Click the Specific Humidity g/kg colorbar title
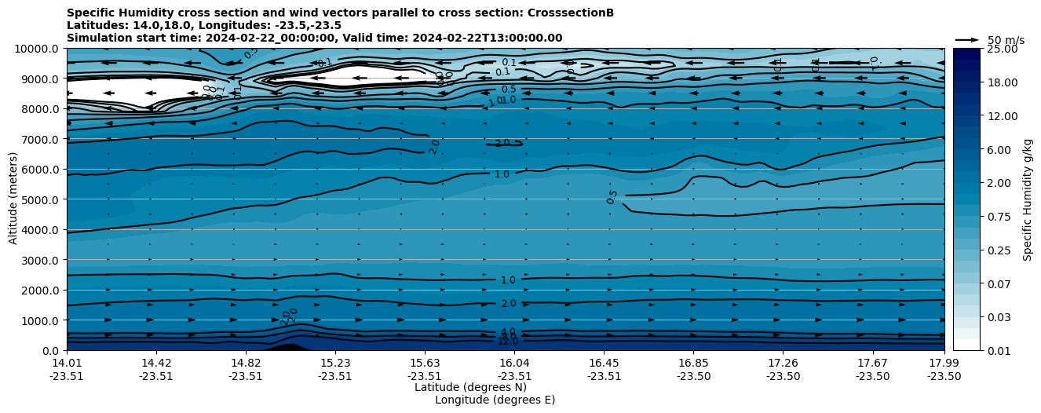point(1028,199)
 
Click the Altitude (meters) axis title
point(13,199)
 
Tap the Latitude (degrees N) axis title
point(470,387)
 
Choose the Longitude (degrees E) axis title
point(495,400)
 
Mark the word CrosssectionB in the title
point(575,13)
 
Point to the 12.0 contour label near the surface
point(508,342)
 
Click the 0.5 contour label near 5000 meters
point(612,196)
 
